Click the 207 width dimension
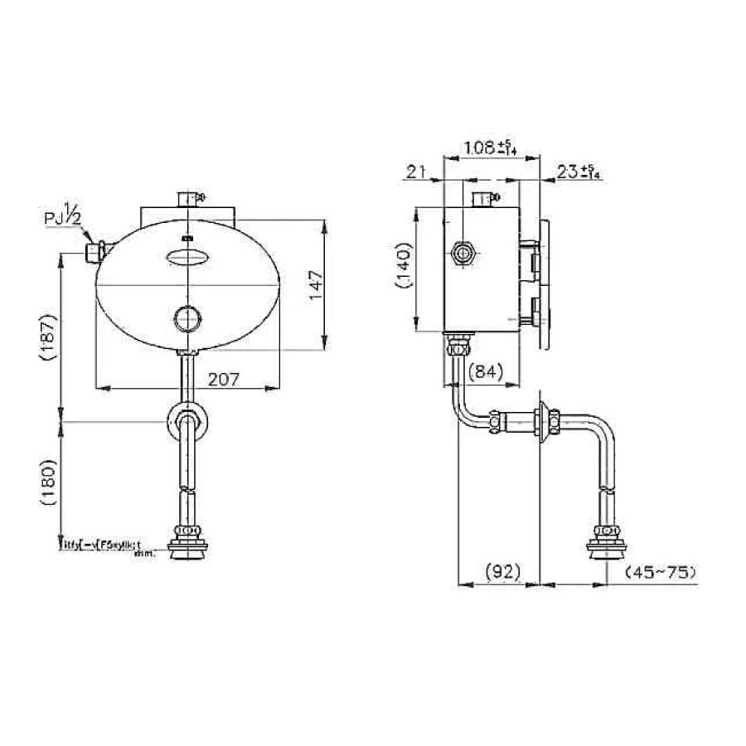224,379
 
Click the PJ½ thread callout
64,220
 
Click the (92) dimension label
501,571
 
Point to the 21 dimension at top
416,172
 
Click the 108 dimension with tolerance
492,148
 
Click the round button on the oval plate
186,317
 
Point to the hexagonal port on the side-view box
463,254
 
